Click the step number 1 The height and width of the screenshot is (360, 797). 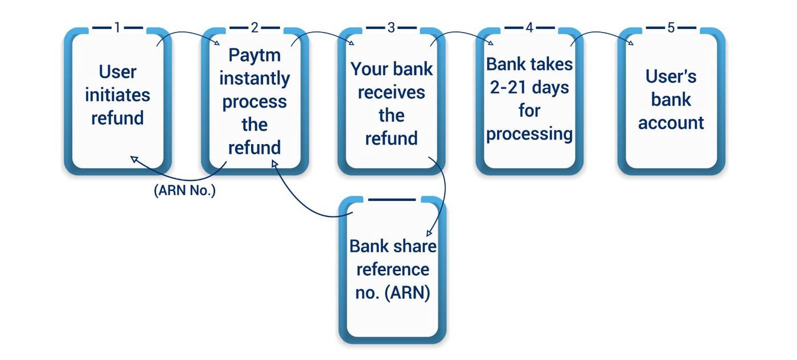117,27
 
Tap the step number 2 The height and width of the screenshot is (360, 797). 254,27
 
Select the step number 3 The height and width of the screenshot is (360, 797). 391,27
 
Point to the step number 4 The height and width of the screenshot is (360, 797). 529,27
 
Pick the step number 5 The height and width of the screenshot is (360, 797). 671,27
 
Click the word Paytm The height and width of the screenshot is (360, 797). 254,55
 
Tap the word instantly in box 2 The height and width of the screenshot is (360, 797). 254,78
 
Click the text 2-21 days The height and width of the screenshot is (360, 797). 529,87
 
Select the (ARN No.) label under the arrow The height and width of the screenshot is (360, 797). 185,191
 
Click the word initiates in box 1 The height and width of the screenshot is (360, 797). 117,95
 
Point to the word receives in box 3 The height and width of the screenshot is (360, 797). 391,92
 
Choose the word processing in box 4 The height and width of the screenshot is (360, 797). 529,133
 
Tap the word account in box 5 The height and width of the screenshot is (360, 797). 671,122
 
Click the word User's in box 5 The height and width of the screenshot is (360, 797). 671,76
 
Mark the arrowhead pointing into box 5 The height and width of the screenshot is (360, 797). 630,43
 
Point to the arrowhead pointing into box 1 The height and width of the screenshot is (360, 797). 134,159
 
